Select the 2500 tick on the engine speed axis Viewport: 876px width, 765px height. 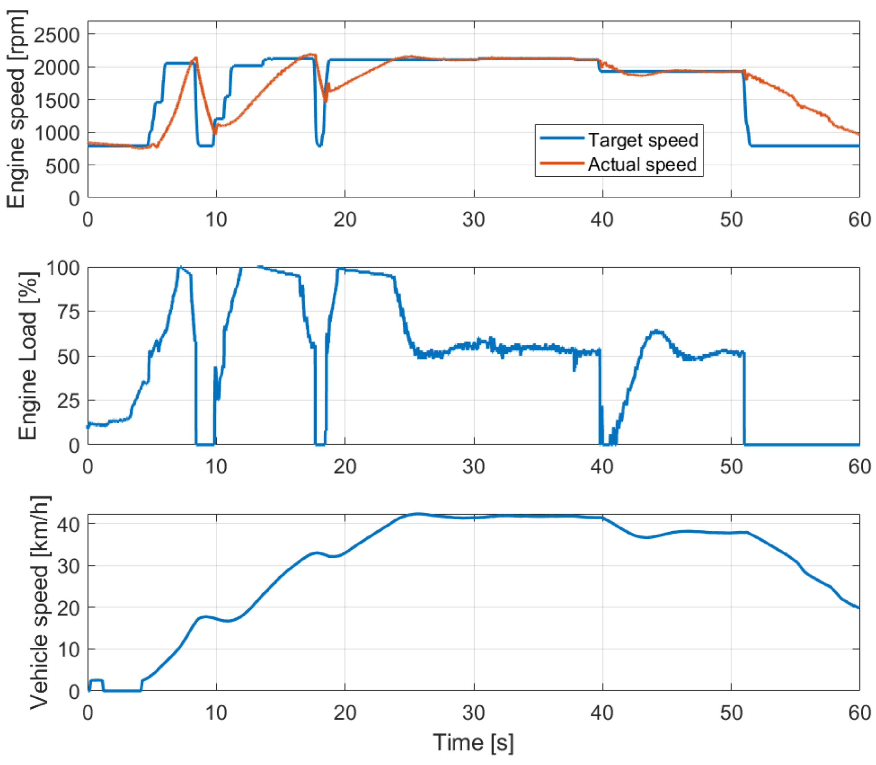(56, 35)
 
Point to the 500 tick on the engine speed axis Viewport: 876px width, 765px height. (62, 166)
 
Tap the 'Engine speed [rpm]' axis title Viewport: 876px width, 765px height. (17, 109)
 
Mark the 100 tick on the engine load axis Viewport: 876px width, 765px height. (63, 268)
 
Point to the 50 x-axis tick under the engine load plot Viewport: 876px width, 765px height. (731, 467)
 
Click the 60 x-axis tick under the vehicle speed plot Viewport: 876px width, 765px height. (859, 713)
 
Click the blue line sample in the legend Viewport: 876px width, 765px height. (561, 138)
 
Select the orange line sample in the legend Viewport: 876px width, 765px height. (561, 163)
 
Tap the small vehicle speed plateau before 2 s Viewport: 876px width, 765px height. (96, 680)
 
